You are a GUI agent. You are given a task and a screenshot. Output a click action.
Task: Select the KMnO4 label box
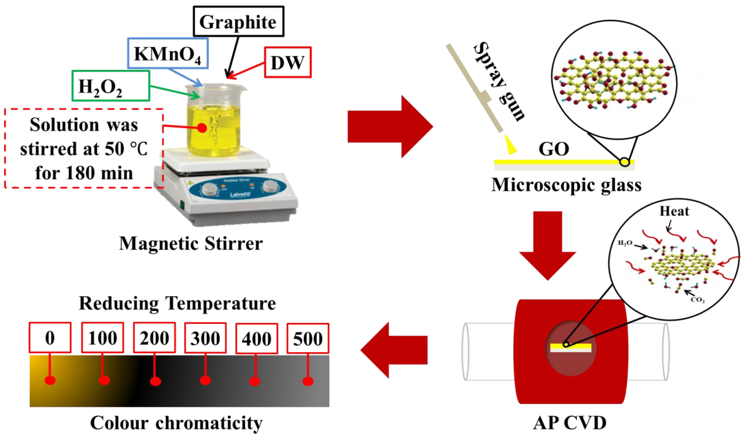(x=168, y=53)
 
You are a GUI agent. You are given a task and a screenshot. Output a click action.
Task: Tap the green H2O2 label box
(x=110, y=86)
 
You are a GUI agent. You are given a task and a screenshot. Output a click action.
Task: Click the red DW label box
(x=288, y=62)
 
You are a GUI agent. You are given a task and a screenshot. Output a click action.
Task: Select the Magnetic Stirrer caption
(x=191, y=244)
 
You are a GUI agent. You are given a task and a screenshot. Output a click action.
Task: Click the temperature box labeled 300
(x=205, y=338)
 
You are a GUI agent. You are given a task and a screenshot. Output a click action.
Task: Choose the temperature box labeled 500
(x=308, y=338)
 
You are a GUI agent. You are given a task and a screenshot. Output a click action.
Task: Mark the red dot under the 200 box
(x=155, y=381)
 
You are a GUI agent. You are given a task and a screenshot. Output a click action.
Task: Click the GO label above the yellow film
(x=554, y=149)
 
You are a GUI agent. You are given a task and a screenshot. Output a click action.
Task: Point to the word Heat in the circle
(x=674, y=211)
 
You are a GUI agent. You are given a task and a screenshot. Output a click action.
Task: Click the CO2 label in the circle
(x=698, y=300)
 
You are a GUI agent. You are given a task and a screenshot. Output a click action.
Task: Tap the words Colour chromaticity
(x=176, y=423)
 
